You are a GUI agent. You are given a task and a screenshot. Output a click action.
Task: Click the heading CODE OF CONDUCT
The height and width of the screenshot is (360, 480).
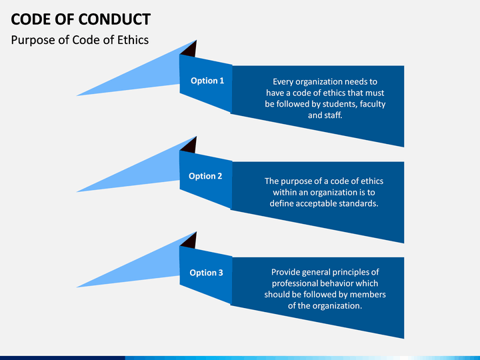coord(81,19)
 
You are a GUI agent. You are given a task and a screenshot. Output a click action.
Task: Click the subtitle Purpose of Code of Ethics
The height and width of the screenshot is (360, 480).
coord(80,40)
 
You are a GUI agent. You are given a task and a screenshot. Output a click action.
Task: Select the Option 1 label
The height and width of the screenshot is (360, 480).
coord(207,81)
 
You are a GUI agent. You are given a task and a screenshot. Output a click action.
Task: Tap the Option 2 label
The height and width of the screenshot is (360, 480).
coord(205,176)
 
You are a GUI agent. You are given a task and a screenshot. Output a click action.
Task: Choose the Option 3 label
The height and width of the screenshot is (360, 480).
coord(206,273)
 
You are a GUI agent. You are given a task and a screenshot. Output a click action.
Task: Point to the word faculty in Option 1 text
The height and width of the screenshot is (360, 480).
coord(373,105)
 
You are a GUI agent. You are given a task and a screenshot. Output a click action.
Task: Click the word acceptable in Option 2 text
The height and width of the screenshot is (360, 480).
coord(315,203)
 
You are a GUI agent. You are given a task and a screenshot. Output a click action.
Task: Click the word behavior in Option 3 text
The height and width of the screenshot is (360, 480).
coord(337,283)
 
